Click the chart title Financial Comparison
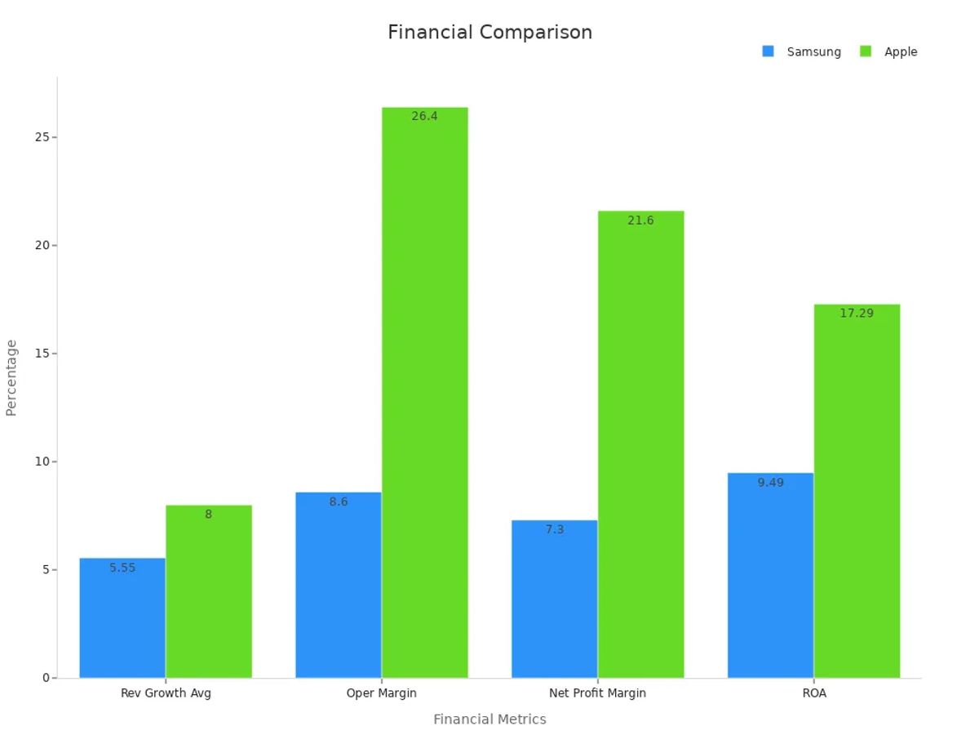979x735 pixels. [x=489, y=33]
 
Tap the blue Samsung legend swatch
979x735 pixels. [x=768, y=51]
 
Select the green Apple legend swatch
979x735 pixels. [x=866, y=51]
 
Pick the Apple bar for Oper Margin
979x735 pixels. [x=425, y=392]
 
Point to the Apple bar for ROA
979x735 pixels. [x=857, y=491]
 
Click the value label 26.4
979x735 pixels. [x=424, y=117]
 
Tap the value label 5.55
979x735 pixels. [x=122, y=568]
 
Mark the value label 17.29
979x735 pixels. [x=857, y=314]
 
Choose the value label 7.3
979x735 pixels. [x=555, y=530]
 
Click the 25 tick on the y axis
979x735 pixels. [x=42, y=137]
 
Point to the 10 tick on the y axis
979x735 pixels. [x=42, y=461]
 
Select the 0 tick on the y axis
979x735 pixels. [x=46, y=678]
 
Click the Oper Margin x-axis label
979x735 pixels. [x=381, y=693]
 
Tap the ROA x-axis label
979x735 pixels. [x=814, y=693]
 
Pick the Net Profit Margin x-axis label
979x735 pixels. [x=597, y=693]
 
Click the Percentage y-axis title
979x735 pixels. [x=11, y=377]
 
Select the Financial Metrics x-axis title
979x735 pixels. [x=489, y=719]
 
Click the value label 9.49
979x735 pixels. [x=770, y=483]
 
